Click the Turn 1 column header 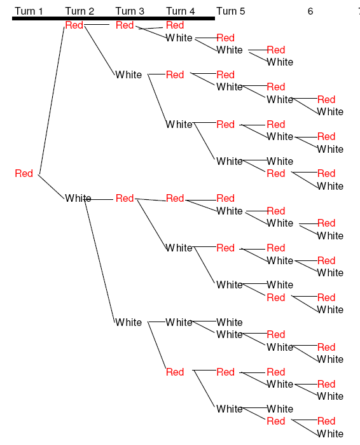(x=29, y=11)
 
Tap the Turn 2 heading (x=80, y=11)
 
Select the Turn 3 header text (x=130, y=11)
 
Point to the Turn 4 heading (x=180, y=11)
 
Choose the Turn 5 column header (x=231, y=11)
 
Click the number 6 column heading (x=310, y=11)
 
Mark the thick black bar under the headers (x=113, y=18)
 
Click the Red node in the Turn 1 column (x=24, y=173)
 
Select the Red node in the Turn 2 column (x=74, y=25)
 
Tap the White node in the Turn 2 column (x=78, y=198)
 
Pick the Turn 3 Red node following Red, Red (x=125, y=25)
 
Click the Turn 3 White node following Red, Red (x=128, y=74)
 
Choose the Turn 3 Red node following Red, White (x=125, y=198)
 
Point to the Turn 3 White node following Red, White (x=128, y=322)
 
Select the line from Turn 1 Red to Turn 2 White (x=52, y=187)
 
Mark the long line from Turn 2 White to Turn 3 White (x=100, y=260)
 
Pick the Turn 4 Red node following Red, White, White (x=175, y=372)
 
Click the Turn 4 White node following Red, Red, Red (x=179, y=38)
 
